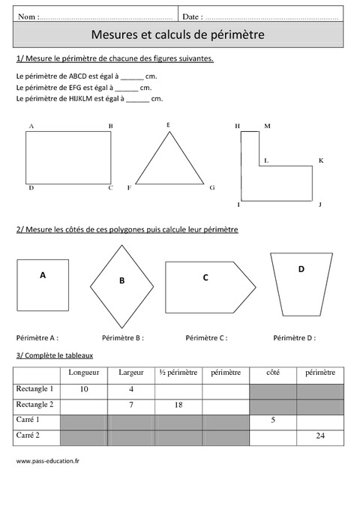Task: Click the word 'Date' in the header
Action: [x=191, y=16]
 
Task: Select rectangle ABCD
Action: [x=69, y=157]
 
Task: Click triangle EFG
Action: [x=169, y=161]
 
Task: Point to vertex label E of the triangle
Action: [x=168, y=124]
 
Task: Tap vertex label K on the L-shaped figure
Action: [x=320, y=160]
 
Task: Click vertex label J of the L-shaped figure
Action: [x=319, y=204]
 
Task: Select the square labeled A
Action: [x=43, y=284]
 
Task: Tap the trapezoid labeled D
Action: [x=301, y=281]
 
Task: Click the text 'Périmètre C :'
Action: [x=206, y=338]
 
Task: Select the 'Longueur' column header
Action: [x=83, y=373]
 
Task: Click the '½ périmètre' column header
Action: [x=178, y=373]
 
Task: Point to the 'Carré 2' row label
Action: [x=28, y=435]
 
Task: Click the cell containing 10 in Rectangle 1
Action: [x=83, y=389]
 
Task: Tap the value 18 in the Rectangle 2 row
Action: [x=178, y=405]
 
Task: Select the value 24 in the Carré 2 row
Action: [x=319, y=436]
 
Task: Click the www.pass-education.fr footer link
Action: [x=48, y=461]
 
